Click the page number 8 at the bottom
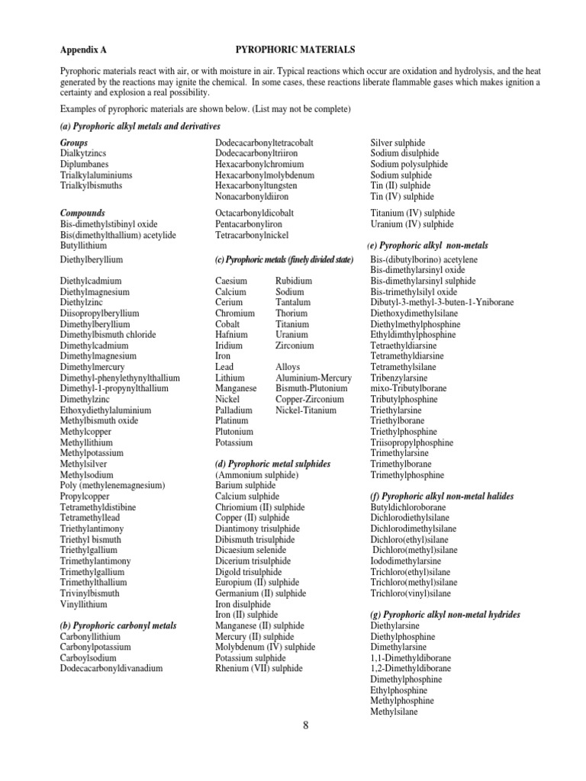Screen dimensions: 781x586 [305, 725]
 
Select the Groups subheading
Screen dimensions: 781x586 [74, 143]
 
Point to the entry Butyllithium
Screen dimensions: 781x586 [83, 246]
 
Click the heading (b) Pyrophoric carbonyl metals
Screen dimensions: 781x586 [118, 625]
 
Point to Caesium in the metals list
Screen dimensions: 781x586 [231, 281]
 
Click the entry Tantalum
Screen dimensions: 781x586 [293, 302]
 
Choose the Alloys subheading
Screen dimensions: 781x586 [288, 367]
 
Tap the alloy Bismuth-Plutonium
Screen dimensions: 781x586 [308, 388]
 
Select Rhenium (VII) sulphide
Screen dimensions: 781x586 [259, 668]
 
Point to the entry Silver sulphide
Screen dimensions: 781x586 [398, 143]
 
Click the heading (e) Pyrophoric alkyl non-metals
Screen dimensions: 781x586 [429, 246]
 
